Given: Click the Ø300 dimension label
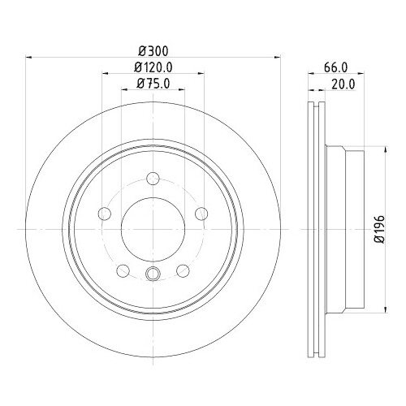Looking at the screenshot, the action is pyautogui.click(x=153, y=51).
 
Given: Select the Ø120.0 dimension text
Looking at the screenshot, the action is pyautogui.click(x=153, y=67).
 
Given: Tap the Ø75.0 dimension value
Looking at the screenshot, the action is pyautogui.click(x=153, y=84).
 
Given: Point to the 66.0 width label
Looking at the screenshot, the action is pyautogui.click(x=335, y=67).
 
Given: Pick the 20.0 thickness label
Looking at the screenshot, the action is pyautogui.click(x=343, y=84).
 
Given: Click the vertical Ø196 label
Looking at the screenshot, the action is pyautogui.click(x=379, y=229).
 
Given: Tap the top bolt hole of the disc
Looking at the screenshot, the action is pyautogui.click(x=153, y=179).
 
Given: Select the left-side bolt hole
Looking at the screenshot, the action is pyautogui.click(x=105, y=214).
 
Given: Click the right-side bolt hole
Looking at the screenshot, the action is pyautogui.click(x=201, y=214).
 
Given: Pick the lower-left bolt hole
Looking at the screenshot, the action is pyautogui.click(x=123, y=270).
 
